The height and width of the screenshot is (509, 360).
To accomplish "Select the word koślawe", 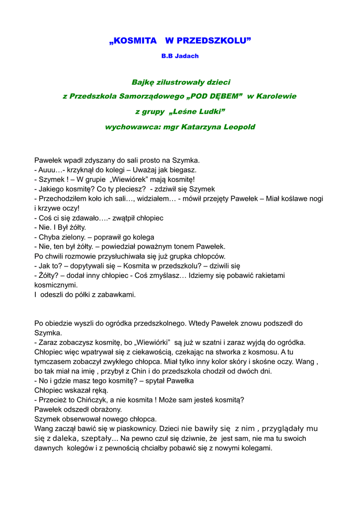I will click(x=290, y=198).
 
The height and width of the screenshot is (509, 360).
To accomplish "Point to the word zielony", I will click(x=73, y=237).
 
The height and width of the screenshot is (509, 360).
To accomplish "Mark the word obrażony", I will click(x=106, y=410).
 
